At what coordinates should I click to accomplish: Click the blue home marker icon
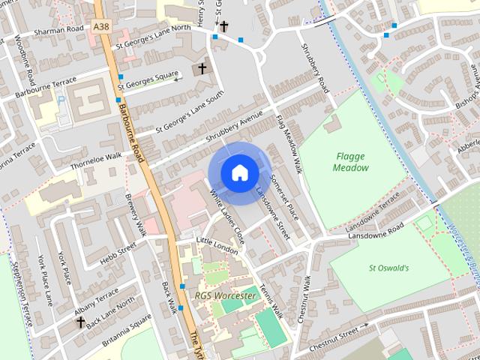point(239,173)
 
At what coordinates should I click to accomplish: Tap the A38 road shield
point(101,26)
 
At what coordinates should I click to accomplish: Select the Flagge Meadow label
point(351,162)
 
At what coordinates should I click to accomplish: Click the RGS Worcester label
point(225,295)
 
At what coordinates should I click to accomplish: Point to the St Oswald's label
point(388,268)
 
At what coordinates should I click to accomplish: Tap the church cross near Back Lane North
point(80,322)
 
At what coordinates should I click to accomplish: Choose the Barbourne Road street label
point(130,127)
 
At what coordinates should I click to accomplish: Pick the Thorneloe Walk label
point(96,159)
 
